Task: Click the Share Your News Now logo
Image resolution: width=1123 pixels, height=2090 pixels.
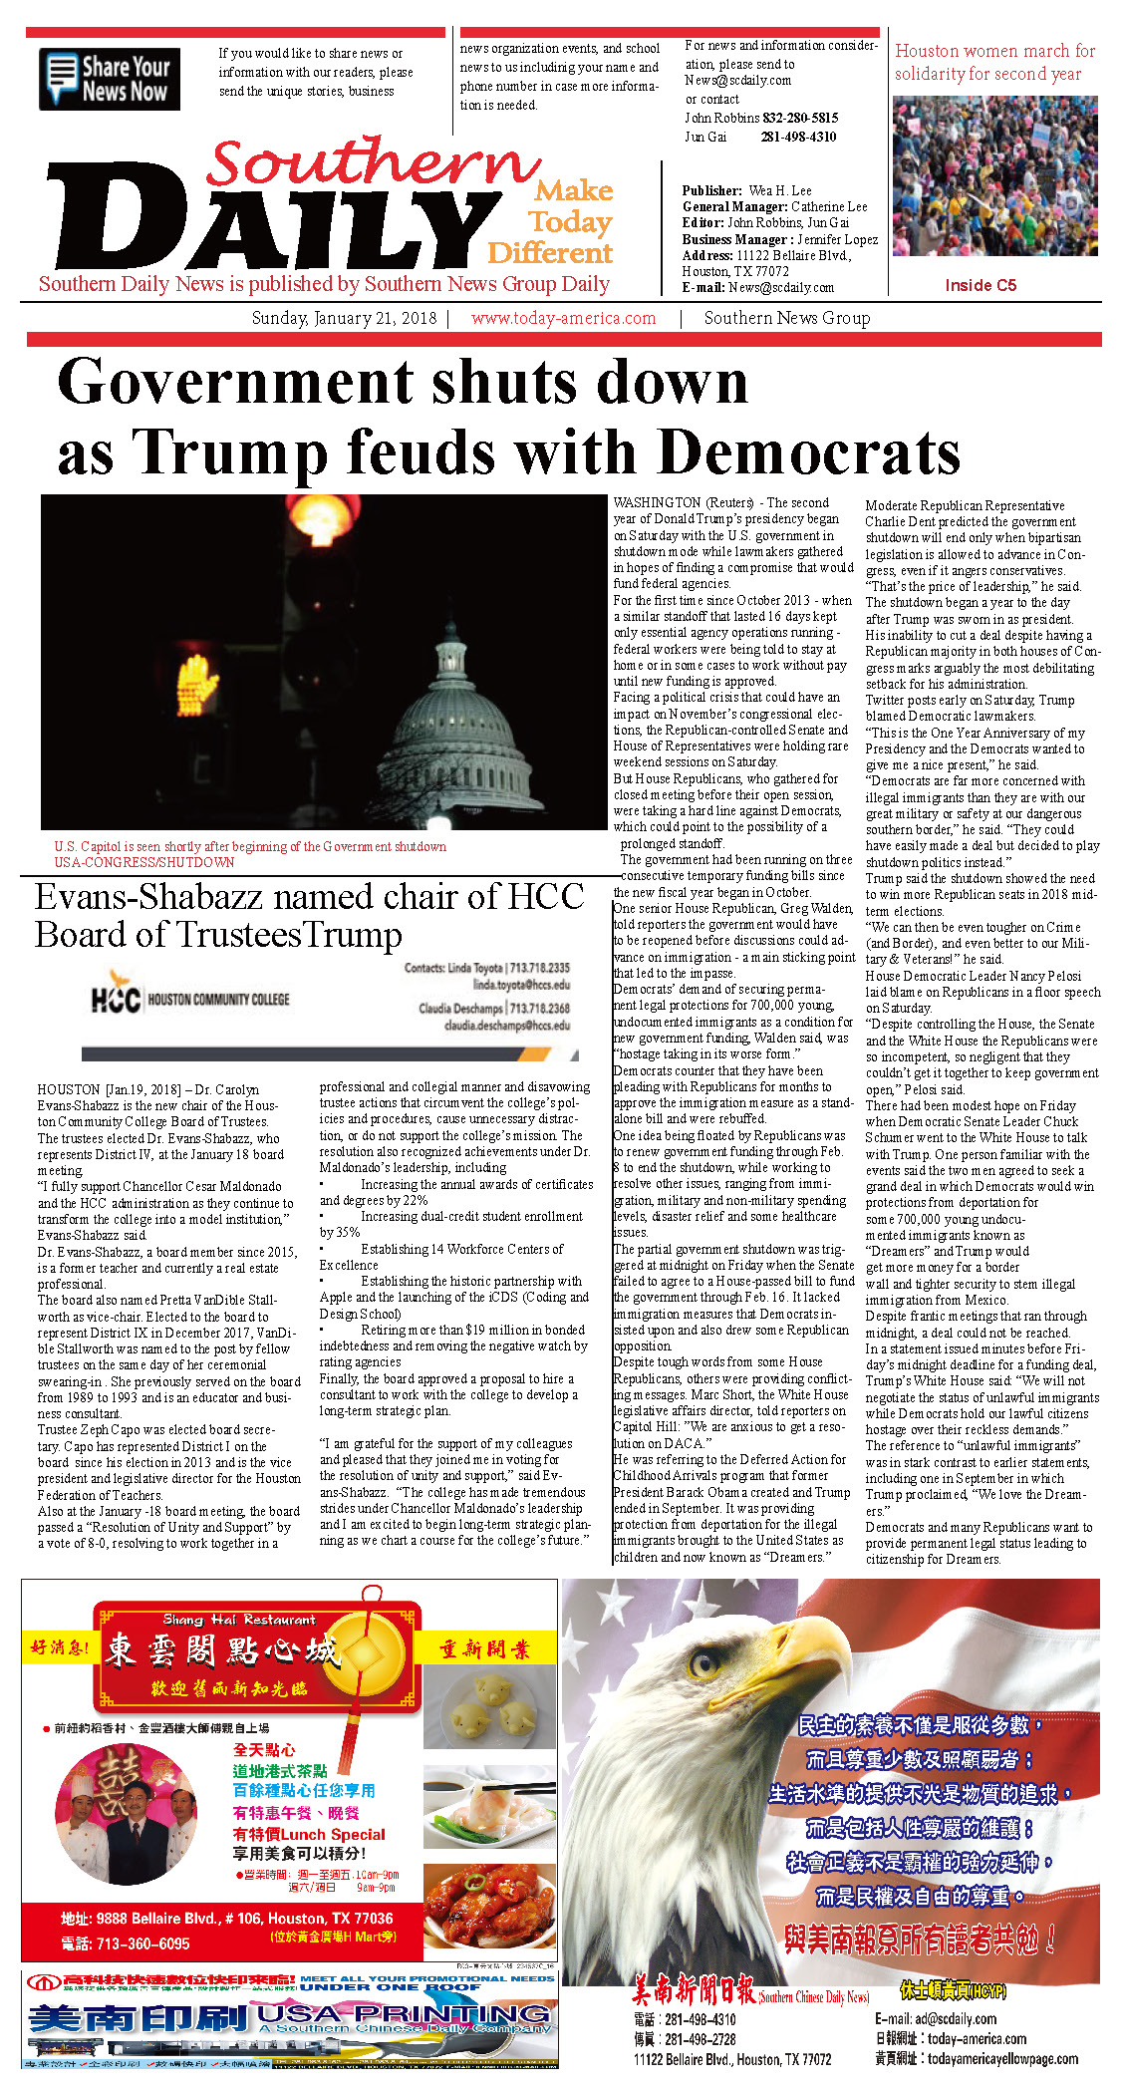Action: [110, 79]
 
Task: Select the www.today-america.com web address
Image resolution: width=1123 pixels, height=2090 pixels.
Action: [563, 318]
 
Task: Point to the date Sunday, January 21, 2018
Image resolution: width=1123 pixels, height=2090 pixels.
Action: [344, 318]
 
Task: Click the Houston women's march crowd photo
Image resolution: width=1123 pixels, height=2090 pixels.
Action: [994, 175]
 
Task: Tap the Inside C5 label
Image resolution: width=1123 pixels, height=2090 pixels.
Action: [981, 285]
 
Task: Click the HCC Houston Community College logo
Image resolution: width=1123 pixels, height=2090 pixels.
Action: [189, 999]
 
